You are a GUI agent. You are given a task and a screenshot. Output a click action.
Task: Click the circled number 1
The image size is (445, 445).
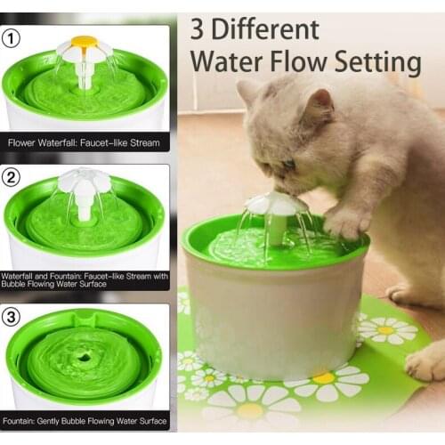[x=12, y=39]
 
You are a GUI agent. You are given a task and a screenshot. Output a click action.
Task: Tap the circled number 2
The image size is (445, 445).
[x=12, y=177]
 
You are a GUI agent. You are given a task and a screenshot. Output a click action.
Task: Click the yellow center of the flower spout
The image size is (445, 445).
[x=85, y=41]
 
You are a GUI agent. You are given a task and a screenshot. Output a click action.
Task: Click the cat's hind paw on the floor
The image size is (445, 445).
[x=426, y=360]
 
